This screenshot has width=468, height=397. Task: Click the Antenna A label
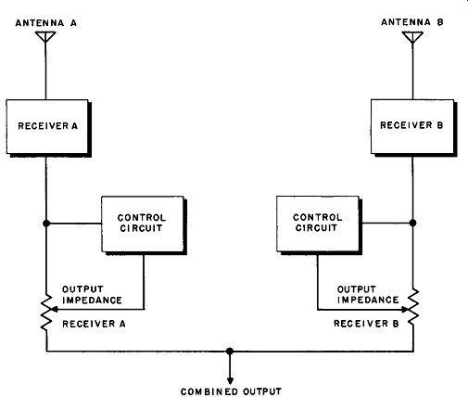[46, 23]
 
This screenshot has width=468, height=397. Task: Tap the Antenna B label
[412, 22]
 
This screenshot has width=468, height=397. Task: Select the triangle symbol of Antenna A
[45, 36]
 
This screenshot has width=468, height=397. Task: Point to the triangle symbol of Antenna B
[412, 37]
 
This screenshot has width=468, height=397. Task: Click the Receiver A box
[47, 126]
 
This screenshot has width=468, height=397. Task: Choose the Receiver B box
[412, 126]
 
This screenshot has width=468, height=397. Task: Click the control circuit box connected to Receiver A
[143, 224]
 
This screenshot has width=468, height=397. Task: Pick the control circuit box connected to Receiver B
[318, 224]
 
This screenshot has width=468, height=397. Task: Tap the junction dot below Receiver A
[46, 223]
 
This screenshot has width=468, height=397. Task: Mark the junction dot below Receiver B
[412, 223]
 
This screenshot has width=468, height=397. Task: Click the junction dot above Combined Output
[230, 352]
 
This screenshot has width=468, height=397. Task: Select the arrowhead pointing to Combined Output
[230, 380]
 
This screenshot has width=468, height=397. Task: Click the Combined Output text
[231, 391]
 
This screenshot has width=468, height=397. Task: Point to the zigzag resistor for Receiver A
[46, 313]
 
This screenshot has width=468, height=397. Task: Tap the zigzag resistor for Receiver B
[413, 308]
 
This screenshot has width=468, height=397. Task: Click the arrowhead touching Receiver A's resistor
[54, 309]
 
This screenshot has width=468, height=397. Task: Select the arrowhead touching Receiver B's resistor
[406, 309]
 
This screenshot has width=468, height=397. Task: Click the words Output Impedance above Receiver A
[92, 295]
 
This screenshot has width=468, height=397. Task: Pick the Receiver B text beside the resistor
[366, 324]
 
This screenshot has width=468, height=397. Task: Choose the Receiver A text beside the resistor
[94, 324]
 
